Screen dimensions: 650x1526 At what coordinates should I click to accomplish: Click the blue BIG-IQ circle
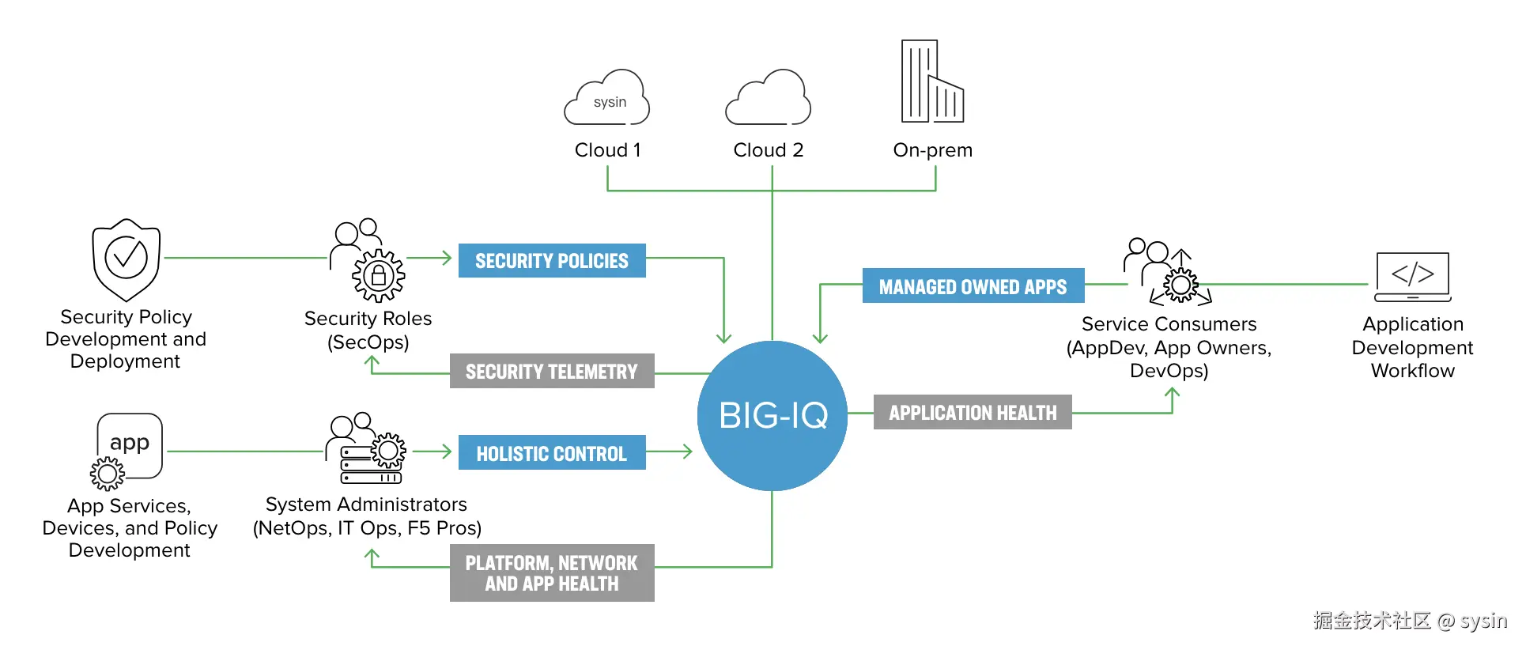pos(772,415)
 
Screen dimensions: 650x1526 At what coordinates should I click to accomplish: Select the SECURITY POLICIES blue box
pos(552,261)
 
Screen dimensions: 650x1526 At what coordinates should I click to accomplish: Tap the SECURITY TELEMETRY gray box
pos(552,371)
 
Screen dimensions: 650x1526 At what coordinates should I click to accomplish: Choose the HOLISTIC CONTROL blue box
pos(552,453)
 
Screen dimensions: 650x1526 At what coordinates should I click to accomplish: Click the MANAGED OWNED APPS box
pos(973,286)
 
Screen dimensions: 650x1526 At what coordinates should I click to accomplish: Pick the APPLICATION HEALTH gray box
pos(973,412)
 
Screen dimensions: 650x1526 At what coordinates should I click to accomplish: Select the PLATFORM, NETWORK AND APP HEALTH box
pos(552,573)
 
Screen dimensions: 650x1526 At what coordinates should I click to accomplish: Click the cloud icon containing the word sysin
pos(607,100)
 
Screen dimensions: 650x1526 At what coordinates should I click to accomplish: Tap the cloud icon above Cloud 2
pos(769,100)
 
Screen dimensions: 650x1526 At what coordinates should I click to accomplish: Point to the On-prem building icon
pos(932,82)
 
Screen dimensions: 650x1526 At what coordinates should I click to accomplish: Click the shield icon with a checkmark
pos(127,259)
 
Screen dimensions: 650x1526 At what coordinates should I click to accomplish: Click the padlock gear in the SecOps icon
pos(379,275)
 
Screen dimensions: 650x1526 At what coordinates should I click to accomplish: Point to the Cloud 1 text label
pos(607,150)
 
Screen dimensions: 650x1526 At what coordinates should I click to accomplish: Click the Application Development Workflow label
pos(1412,347)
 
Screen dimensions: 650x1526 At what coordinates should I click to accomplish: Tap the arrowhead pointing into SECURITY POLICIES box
pos(447,258)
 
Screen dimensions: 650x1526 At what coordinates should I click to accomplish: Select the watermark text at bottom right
pos(1410,621)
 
